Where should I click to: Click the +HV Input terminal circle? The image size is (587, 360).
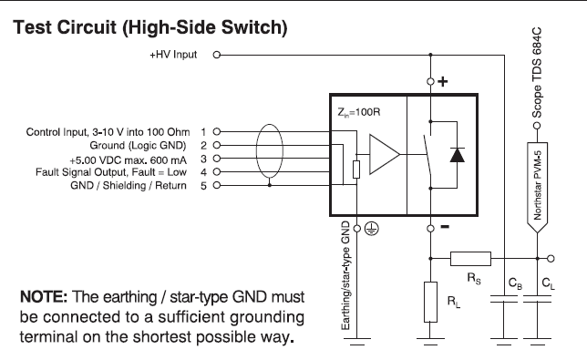pos(216,55)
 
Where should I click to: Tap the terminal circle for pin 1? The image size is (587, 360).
pos(216,131)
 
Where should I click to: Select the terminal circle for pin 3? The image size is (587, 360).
pos(216,159)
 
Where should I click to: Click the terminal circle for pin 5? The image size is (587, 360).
pos(216,185)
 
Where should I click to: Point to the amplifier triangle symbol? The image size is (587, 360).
pos(384,154)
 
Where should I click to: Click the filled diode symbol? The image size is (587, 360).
pos(457,155)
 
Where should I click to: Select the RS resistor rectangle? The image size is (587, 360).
pos(470,259)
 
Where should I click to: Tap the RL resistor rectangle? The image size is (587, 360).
pos(430,302)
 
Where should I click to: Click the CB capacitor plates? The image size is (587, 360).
pos(504,299)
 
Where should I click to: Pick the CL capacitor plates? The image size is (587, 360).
pos(537,299)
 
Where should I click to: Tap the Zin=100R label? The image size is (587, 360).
pos(358,112)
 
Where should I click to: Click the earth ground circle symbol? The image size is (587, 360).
pos(371,228)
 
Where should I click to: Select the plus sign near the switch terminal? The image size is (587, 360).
pos(443,82)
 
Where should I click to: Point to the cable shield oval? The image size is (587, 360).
pos(270,150)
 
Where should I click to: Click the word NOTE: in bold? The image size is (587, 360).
pos(44,297)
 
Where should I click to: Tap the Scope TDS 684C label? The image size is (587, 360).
pos(537,73)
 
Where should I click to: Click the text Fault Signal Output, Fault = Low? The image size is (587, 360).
pos(111,172)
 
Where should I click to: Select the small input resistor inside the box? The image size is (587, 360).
pos(356,170)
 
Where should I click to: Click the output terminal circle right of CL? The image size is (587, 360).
pos(551,258)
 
